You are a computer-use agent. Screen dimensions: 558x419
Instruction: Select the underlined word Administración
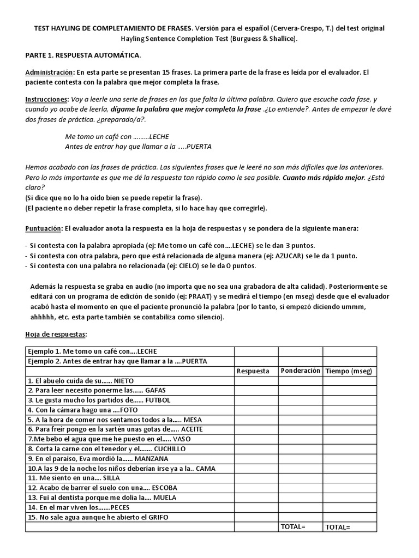(x=49, y=72)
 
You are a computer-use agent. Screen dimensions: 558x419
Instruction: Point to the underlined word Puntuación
(x=44, y=228)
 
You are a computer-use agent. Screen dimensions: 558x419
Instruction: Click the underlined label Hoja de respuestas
(x=56, y=333)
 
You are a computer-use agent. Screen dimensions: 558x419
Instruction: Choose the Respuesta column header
(x=253, y=371)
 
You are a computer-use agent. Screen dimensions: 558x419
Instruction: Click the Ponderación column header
(x=300, y=371)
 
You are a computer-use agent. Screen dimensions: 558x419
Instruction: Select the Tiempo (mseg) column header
(x=348, y=371)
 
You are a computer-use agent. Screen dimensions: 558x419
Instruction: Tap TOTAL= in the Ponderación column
(x=293, y=527)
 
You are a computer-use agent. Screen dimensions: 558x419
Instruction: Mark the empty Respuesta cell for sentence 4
(x=256, y=410)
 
